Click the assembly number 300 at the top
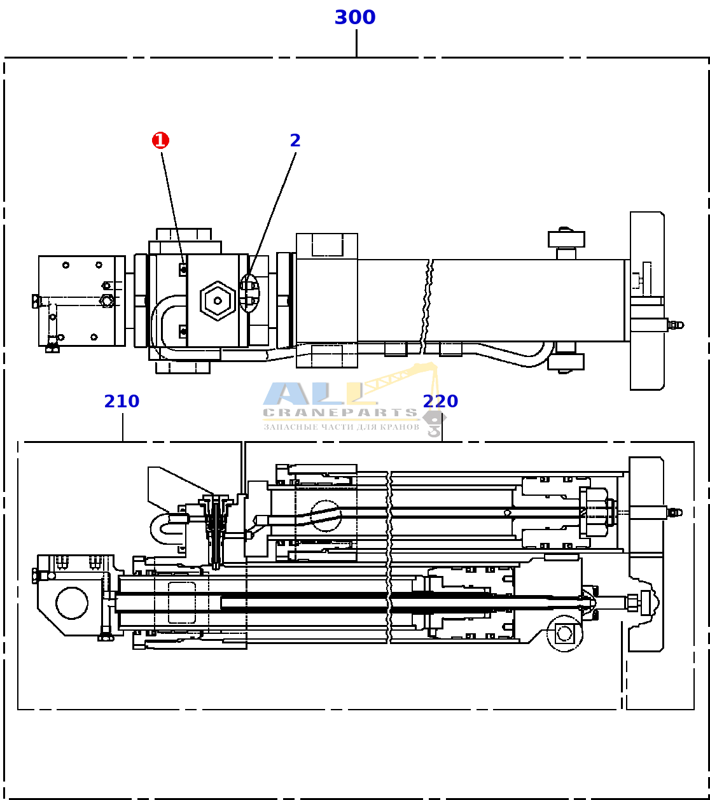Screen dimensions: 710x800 [x=355, y=17]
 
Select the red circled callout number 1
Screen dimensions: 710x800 [x=160, y=140]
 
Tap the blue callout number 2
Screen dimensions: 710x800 [x=295, y=141]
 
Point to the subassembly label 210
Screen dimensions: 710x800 [x=122, y=401]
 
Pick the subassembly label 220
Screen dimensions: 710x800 [x=440, y=401]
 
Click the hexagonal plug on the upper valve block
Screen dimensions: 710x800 [x=218, y=300]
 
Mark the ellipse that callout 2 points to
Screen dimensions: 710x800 [x=250, y=293]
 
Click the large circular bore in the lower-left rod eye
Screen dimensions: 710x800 [x=72, y=603]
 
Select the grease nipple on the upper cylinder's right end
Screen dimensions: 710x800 [x=676, y=325]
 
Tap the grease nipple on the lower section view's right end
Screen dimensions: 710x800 [x=674, y=512]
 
